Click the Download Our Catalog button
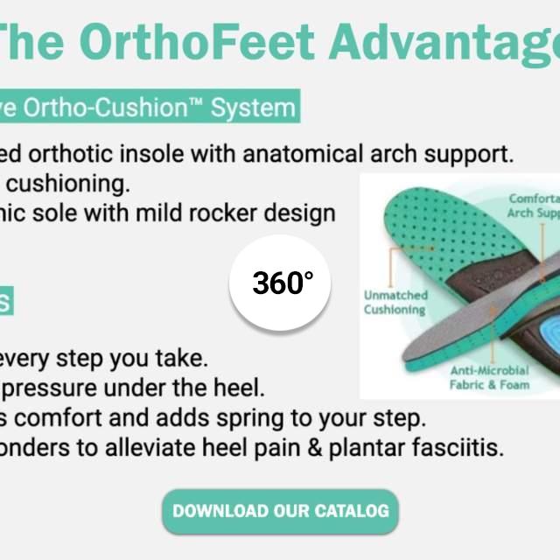coord(280,510)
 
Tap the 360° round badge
coord(282,283)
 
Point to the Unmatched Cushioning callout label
coord(395,302)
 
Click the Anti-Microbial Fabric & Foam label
coord(489,377)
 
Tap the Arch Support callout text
coord(534,206)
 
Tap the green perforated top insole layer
coord(437,227)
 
